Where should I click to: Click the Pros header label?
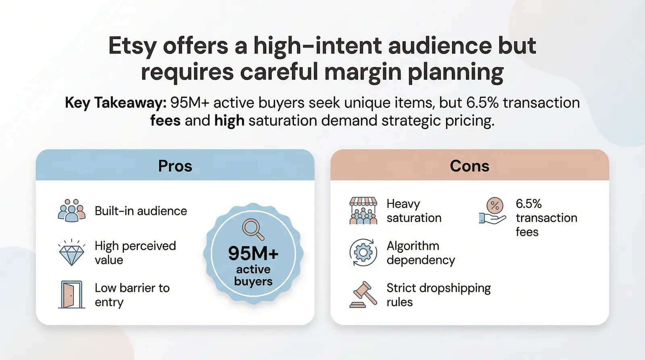(175, 166)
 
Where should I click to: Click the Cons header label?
(469, 166)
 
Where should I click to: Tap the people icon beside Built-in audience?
(72, 210)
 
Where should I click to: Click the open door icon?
(71, 295)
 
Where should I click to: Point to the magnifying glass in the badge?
(253, 229)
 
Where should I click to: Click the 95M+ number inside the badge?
(253, 254)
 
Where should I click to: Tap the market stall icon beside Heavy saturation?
(363, 210)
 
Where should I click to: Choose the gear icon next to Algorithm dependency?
(363, 253)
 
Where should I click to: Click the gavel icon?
(363, 295)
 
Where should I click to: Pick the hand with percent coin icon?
(493, 210)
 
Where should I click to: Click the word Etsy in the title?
(132, 46)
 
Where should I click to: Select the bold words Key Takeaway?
(115, 103)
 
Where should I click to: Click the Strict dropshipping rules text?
(439, 295)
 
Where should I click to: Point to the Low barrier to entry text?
(132, 295)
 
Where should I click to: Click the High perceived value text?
(135, 253)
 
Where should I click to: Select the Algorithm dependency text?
(420, 253)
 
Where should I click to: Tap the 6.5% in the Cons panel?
(528, 204)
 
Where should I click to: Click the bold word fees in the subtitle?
(165, 121)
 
